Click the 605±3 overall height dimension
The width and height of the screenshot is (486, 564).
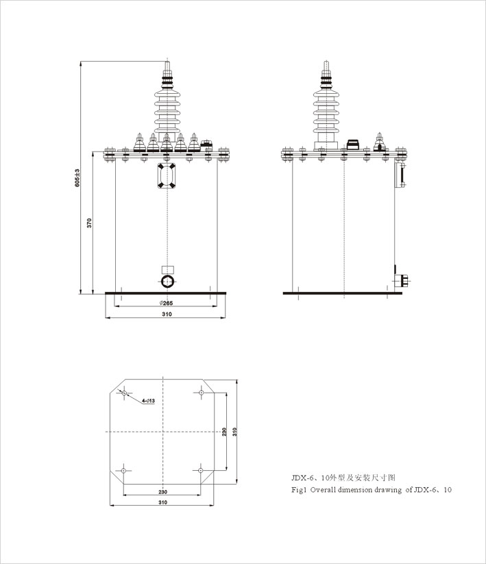(77, 177)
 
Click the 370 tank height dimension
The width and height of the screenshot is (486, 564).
(89, 223)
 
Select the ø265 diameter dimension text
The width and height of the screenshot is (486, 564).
(166, 303)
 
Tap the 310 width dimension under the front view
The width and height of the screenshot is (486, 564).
(167, 314)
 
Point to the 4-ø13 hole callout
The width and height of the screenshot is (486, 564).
(148, 400)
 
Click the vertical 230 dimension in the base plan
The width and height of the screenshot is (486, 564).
(224, 432)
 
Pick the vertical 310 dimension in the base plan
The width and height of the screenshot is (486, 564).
(234, 432)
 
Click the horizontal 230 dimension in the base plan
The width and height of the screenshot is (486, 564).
(162, 492)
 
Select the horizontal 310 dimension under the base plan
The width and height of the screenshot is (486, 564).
(162, 502)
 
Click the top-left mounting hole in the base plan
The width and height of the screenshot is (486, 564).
(125, 393)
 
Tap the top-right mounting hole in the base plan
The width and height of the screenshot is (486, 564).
(202, 393)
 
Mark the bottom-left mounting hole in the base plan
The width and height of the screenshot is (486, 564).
(123, 471)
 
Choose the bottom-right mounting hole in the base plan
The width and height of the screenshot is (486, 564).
(200, 470)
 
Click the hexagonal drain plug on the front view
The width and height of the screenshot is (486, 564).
(167, 281)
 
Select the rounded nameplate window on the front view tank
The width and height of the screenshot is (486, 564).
(167, 175)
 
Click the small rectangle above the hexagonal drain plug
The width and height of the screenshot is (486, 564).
(168, 269)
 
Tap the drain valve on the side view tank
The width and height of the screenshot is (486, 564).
(402, 280)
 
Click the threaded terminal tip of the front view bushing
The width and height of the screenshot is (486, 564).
(167, 66)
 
